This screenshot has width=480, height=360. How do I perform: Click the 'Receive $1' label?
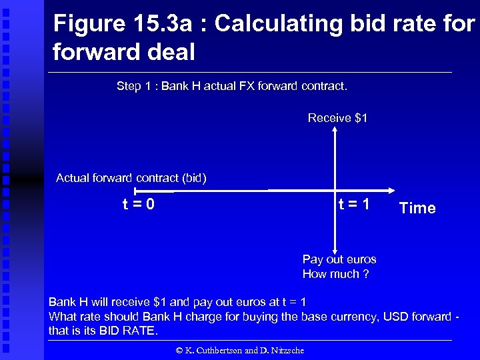(337, 118)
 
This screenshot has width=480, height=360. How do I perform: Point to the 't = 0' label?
(138, 204)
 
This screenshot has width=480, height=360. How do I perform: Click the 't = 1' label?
(353, 204)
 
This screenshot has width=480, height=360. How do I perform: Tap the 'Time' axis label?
(417, 208)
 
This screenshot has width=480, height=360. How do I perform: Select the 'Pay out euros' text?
(339, 259)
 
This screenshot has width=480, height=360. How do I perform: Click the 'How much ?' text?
(335, 274)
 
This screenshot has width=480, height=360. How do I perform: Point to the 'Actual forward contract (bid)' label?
(131, 178)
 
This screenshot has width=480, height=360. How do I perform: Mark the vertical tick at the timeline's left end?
(134, 191)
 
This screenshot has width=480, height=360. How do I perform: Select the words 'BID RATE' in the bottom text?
(131, 331)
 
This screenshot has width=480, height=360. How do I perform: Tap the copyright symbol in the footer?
(178, 349)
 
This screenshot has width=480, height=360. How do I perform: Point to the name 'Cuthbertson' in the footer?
(213, 349)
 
